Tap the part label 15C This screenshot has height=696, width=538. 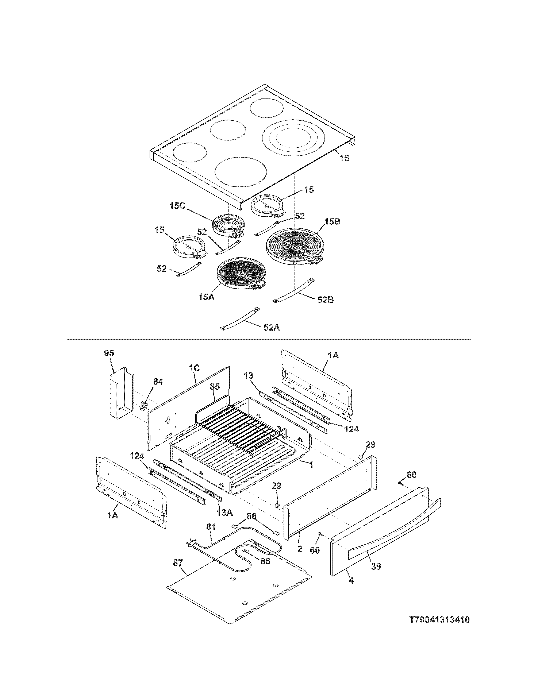pos(177,206)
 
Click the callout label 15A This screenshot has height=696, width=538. pos(206,298)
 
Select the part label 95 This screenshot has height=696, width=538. pos(109,353)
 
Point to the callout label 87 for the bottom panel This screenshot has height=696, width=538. pos(178,563)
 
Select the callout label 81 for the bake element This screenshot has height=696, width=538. pos(211,527)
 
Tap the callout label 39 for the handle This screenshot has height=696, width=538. pos(376,567)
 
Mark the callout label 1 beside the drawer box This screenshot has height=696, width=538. pos(311,465)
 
